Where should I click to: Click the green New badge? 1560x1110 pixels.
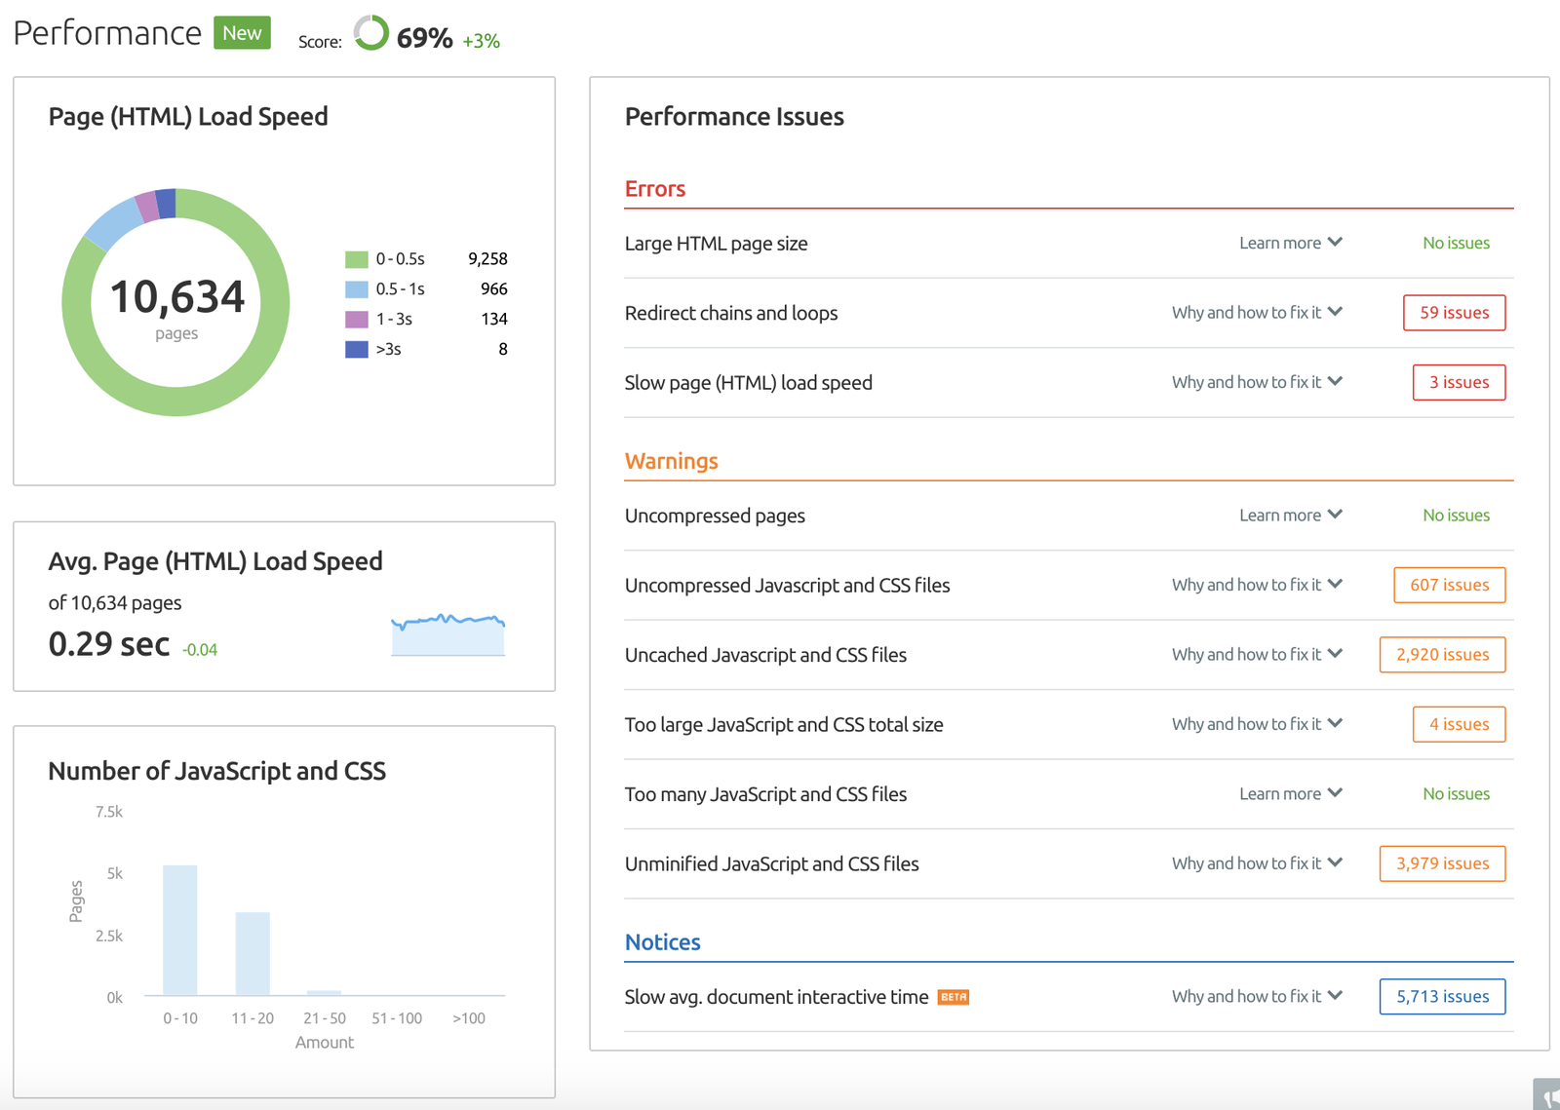pyautogui.click(x=242, y=33)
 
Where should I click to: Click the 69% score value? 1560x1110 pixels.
pyautogui.click(x=424, y=38)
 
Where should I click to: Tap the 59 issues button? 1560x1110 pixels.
pyautogui.click(x=1454, y=313)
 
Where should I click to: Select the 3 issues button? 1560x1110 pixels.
pyautogui.click(x=1459, y=382)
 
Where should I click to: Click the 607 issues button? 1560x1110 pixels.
pyautogui.click(x=1449, y=585)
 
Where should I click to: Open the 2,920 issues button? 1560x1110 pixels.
pyautogui.click(x=1442, y=655)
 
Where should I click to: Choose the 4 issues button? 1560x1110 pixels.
pyautogui.click(x=1459, y=724)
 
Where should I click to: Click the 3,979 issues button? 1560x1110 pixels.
pyautogui.click(x=1442, y=863)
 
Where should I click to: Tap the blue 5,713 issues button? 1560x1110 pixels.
pyautogui.click(x=1442, y=996)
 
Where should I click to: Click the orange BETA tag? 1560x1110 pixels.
pyautogui.click(x=953, y=997)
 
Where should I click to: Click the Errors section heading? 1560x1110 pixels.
pyautogui.click(x=655, y=189)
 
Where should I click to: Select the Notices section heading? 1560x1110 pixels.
pyautogui.click(x=662, y=942)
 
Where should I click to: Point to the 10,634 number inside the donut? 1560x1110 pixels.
pyautogui.click(x=176, y=297)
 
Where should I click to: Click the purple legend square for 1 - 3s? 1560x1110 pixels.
pyautogui.click(x=357, y=320)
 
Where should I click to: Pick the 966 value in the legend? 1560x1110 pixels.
pyautogui.click(x=493, y=289)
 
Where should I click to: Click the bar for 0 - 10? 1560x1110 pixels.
pyautogui.click(x=180, y=930)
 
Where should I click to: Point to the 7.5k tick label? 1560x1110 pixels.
pyautogui.click(x=109, y=812)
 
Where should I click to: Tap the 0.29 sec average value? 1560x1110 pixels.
pyautogui.click(x=109, y=644)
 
